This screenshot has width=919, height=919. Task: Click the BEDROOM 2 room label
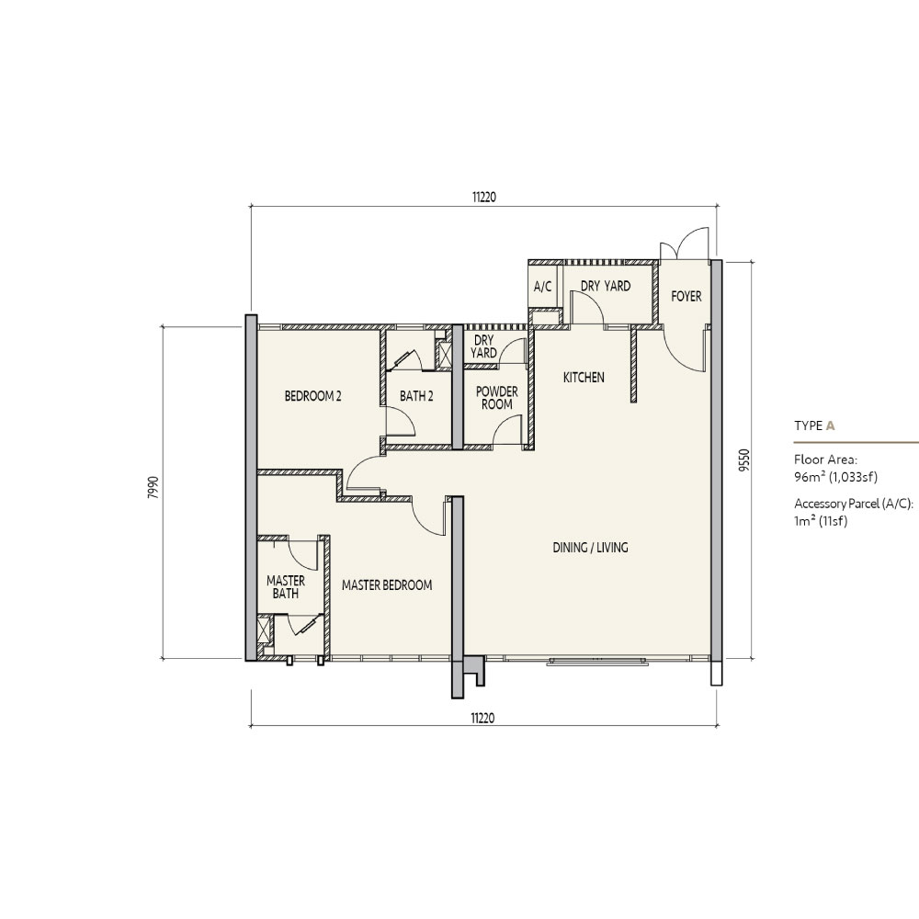(313, 396)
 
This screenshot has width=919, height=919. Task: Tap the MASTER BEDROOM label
(387, 584)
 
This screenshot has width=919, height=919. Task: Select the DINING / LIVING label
(590, 548)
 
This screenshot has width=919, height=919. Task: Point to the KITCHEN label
(584, 378)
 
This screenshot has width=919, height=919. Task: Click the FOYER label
(686, 297)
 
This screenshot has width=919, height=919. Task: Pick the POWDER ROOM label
(497, 398)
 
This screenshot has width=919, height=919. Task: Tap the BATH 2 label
(416, 396)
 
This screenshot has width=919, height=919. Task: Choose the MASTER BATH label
(286, 586)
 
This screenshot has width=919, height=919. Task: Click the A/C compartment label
(543, 287)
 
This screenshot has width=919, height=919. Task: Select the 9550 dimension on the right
(744, 460)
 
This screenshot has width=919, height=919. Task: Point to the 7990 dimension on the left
(153, 488)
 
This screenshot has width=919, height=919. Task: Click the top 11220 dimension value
(484, 198)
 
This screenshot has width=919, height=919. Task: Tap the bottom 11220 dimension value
(483, 718)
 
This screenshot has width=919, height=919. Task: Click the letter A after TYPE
(830, 426)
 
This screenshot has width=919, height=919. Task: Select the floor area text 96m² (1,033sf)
(835, 477)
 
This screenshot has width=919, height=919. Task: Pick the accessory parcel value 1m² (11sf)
(821, 521)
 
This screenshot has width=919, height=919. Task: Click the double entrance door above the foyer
(686, 244)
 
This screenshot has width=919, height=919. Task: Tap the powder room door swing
(506, 429)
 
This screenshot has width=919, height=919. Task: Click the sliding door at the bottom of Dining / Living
(598, 661)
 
